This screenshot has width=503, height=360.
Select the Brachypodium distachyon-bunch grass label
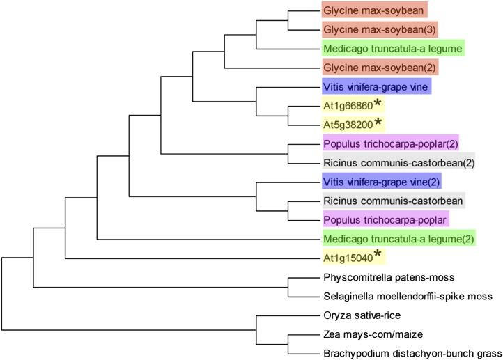(403, 353)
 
